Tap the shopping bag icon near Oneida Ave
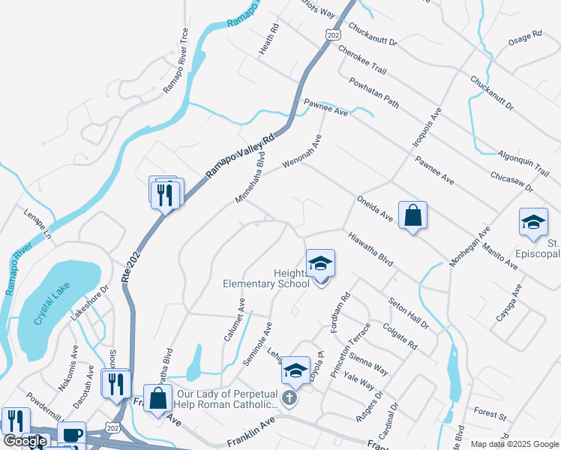pos(412,216)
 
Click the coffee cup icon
pos(72,434)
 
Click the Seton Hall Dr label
pos(409,313)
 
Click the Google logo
pos(25,441)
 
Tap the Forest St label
pos(491,412)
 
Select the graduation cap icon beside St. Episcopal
pos(533,222)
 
